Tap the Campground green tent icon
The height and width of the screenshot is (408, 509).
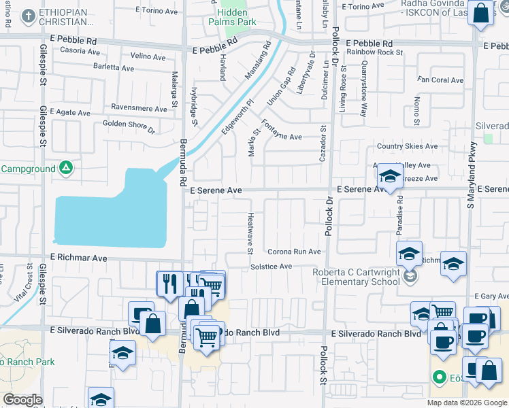(x=66, y=167)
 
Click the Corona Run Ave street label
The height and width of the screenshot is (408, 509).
(x=293, y=252)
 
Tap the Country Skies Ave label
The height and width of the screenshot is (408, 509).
(x=407, y=146)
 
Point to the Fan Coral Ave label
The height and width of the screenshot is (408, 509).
(x=440, y=80)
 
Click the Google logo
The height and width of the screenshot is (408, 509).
(x=22, y=400)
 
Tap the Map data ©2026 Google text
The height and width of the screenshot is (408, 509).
(x=467, y=403)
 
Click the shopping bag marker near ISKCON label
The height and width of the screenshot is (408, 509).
(x=481, y=13)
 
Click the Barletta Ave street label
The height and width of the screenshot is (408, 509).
(x=113, y=67)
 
